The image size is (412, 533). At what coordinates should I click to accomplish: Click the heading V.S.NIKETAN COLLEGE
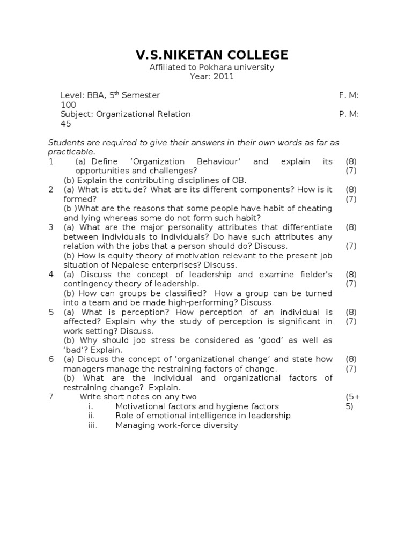(x=211, y=55)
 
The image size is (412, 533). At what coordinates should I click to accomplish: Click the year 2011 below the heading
(x=223, y=77)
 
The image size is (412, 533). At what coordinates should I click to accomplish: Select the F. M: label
(x=349, y=95)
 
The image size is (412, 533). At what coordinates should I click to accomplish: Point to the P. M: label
(x=349, y=114)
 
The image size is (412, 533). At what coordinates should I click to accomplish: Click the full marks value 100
(x=68, y=105)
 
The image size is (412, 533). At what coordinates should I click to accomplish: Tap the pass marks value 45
(x=65, y=124)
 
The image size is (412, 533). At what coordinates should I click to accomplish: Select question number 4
(x=51, y=275)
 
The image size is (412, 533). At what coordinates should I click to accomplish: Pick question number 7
(x=51, y=397)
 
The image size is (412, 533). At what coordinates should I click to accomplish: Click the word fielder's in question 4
(x=312, y=275)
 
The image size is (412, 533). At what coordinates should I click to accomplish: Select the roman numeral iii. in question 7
(x=92, y=426)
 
